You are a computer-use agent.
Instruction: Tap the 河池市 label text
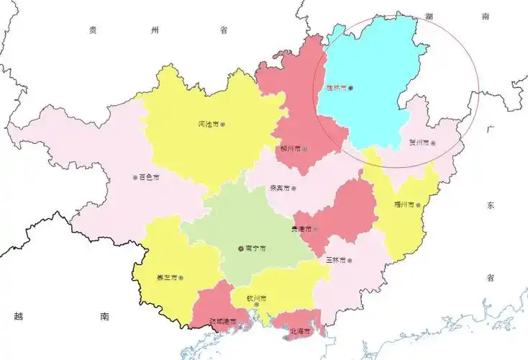(208, 124)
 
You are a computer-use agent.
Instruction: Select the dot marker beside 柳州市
(304, 149)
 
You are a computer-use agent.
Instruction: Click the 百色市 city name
(148, 176)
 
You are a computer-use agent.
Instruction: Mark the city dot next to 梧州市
(419, 204)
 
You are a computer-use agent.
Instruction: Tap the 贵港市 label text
(300, 229)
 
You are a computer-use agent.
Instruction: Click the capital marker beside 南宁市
(241, 248)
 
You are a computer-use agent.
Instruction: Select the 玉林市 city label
(336, 260)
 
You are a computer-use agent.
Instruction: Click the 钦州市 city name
(257, 297)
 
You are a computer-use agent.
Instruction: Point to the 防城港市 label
(222, 321)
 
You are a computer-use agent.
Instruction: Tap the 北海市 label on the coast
(299, 331)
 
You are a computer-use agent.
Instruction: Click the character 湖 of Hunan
(430, 15)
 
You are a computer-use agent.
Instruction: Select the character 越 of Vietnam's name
(19, 315)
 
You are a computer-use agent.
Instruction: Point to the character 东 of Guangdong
(491, 205)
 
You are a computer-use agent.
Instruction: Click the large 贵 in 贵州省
(93, 30)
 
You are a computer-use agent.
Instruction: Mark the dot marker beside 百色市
(135, 177)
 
